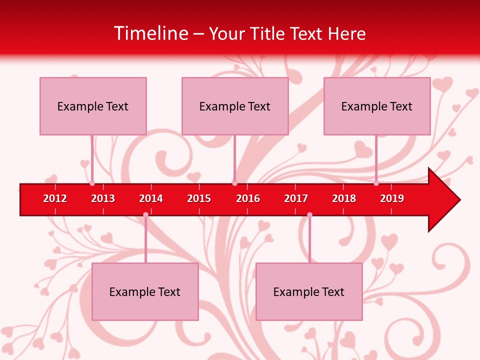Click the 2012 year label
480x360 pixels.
coord(55,198)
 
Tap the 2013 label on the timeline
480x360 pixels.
coord(103,198)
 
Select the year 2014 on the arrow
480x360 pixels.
coord(151,198)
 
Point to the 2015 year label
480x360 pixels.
coord(199,198)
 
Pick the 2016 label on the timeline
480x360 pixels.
coord(248,198)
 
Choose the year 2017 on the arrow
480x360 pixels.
coord(296,198)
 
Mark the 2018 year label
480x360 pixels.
coord(344,198)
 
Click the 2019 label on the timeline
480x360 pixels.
coord(392,198)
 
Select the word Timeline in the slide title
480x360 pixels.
coord(151,33)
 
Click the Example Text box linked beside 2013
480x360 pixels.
coord(93,106)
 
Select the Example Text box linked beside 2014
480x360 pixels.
coord(145,291)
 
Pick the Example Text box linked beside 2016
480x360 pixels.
coord(235,106)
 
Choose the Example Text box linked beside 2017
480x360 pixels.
coord(309,291)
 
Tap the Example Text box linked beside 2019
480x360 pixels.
coord(377,106)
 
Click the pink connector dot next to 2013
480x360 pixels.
coord(92,183)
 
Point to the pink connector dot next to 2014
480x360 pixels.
coord(145,214)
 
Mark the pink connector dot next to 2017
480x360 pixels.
coord(309,214)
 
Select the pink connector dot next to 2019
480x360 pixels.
coord(376,183)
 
